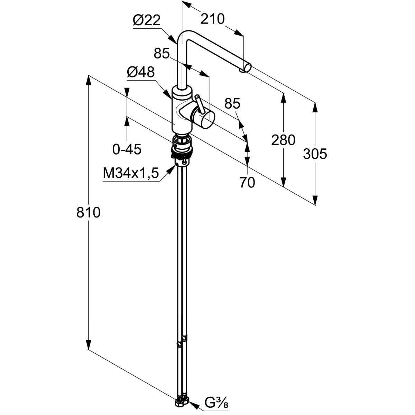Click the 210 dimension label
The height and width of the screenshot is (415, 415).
pyautogui.click(x=212, y=19)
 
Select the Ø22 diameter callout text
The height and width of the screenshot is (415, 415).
pyautogui.click(x=147, y=21)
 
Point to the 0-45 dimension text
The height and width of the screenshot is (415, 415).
pyautogui.click(x=127, y=149)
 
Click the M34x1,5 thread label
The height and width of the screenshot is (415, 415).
pyautogui.click(x=131, y=173)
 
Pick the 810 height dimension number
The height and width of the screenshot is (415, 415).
pyautogui.click(x=88, y=212)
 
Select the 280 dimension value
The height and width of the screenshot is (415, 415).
pyautogui.click(x=283, y=140)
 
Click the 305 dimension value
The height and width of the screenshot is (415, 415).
pyautogui.click(x=315, y=154)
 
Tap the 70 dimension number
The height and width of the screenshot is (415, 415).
pyautogui.click(x=247, y=183)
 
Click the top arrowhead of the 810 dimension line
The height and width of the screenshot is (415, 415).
pyautogui.click(x=89, y=80)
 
